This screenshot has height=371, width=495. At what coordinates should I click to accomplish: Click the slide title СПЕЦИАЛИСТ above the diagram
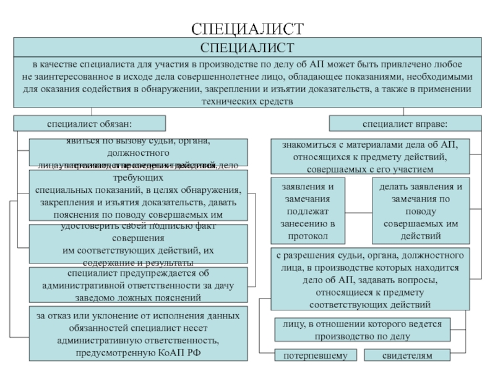pyautogui.click(x=247, y=28)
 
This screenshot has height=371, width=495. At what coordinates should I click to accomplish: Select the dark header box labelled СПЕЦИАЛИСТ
pyautogui.click(x=247, y=47)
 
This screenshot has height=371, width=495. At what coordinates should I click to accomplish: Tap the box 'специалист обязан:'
pyautogui.click(x=90, y=123)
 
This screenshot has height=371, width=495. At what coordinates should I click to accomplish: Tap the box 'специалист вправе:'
pyautogui.click(x=405, y=123)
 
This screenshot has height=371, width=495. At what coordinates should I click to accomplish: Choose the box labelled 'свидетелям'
pyautogui.click(x=407, y=356)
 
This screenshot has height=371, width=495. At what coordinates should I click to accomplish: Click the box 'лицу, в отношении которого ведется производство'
pyautogui.click(x=363, y=330)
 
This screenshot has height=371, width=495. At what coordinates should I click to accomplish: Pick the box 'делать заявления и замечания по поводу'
pyautogui.click(x=421, y=211)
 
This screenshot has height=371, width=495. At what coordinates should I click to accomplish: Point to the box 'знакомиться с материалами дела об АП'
pyautogui.click(x=370, y=156)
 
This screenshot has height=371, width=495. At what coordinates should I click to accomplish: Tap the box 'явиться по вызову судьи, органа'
pyautogui.click(x=138, y=152)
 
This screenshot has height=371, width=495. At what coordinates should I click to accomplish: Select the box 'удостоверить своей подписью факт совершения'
pyautogui.click(x=138, y=245)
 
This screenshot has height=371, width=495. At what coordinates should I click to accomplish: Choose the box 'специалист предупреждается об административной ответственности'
pyautogui.click(x=138, y=285)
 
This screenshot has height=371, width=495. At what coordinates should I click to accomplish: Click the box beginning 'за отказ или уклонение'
pyautogui.click(x=138, y=333)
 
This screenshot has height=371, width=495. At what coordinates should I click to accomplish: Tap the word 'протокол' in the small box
pyautogui.click(x=308, y=236)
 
